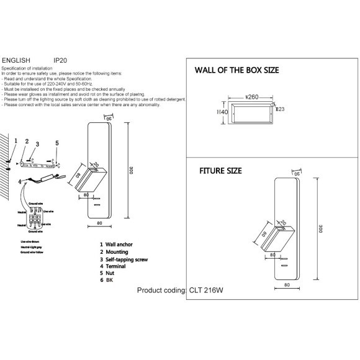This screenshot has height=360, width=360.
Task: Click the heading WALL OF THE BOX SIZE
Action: pyautogui.click(x=237, y=70)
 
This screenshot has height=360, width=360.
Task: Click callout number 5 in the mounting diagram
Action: pyautogui.click(x=57, y=143)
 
